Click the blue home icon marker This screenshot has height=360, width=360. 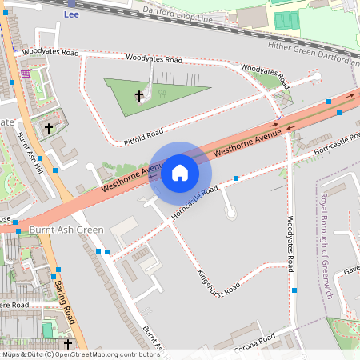(x=180, y=173)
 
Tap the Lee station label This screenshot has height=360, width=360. (x=71, y=14)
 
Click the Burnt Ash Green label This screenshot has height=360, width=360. (x=66, y=230)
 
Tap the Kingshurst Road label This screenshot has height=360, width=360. (x=218, y=270)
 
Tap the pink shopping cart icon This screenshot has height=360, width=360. (x=26, y=73)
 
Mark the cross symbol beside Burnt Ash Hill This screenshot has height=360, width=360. (x=48, y=128)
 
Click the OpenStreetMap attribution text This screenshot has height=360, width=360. (x=80, y=354)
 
